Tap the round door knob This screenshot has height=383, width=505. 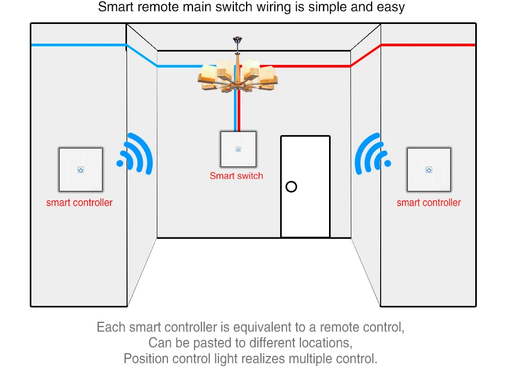click(x=291, y=187)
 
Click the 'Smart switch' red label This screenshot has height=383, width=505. click(x=237, y=176)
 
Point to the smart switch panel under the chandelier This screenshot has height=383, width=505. click(x=238, y=149)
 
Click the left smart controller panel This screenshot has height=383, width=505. click(x=80, y=170)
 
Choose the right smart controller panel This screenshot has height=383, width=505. click(x=429, y=170)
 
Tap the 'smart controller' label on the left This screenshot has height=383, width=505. click(x=79, y=203)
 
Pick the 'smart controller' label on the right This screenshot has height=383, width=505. click(x=428, y=203)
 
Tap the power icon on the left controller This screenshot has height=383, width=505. click(x=80, y=170)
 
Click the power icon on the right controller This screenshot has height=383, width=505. click(x=429, y=170)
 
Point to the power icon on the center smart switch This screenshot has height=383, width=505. click(x=238, y=149)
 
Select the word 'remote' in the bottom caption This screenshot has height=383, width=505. click(x=337, y=327)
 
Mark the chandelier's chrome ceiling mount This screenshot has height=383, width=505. click(x=237, y=40)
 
